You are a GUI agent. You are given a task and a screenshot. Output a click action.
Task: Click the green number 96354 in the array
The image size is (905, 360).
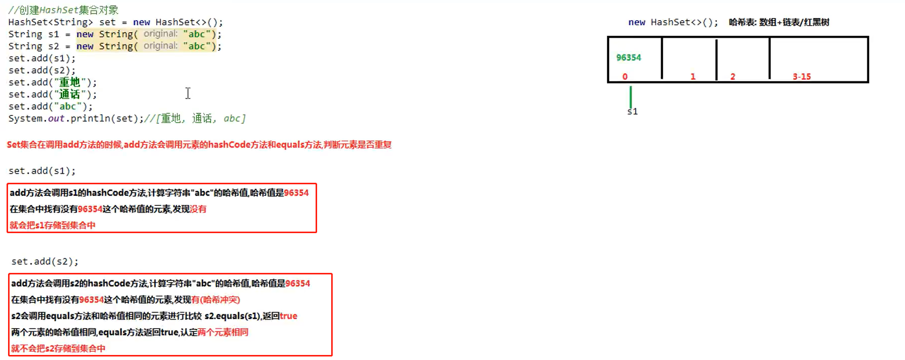pos(629,57)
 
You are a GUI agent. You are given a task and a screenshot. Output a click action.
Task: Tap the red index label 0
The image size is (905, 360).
pos(625,77)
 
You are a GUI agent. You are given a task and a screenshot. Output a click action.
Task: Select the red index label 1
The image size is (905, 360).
pos(693,77)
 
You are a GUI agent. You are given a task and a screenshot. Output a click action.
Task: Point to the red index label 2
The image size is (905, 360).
pos(733,77)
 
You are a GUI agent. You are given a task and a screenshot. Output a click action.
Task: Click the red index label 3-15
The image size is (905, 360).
pos(801,77)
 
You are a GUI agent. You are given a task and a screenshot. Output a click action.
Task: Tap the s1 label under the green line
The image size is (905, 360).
pos(632,111)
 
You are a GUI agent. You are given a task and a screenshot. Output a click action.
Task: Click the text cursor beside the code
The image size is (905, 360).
pos(188,93)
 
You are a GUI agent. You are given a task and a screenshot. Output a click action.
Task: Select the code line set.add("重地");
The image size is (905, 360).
pos(52,82)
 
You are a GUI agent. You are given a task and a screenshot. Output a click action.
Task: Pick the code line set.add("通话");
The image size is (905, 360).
pos(52,94)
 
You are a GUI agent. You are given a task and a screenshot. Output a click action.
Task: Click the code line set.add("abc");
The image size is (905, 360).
pos(50,106)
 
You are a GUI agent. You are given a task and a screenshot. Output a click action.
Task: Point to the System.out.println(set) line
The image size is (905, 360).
pos(76,118)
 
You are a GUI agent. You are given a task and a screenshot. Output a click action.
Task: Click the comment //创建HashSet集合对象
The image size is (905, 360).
pos(63,10)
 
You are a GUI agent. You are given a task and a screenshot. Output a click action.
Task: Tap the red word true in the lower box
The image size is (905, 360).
pos(288,316)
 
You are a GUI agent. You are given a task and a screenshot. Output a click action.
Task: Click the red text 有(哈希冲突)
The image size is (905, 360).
pos(215,300)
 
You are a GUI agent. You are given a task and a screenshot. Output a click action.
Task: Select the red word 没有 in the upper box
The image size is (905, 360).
pos(198,209)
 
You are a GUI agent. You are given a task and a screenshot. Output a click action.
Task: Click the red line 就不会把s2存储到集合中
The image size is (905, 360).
pos(58,348)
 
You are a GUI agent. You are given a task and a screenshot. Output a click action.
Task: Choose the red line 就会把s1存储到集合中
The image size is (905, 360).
pos(52,225)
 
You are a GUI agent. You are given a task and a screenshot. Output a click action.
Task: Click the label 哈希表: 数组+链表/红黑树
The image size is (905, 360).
pos(779,22)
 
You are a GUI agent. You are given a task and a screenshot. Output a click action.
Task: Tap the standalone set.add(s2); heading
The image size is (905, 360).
pos(45,261)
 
